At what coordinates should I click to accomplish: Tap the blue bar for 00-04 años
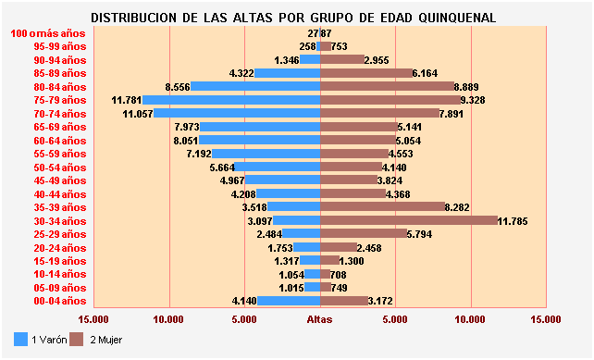[x=288, y=301]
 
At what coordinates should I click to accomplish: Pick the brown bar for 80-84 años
[x=387, y=86]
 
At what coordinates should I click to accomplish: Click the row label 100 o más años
[x=48, y=33]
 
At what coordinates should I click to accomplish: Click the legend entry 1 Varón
[x=41, y=340]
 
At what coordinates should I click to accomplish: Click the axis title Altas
[x=320, y=319]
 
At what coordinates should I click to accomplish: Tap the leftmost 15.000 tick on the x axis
[x=93, y=319]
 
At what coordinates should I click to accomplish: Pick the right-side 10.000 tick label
[x=470, y=319]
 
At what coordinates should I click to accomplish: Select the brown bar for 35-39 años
[x=381, y=207]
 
